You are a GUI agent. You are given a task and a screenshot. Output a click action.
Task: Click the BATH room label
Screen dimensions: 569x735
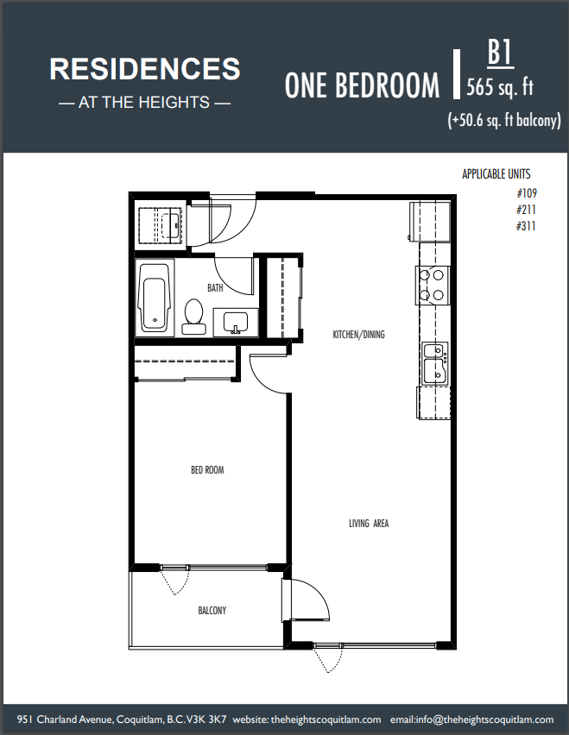tap(215, 287)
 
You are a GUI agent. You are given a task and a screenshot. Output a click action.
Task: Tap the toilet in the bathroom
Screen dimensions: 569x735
tap(193, 317)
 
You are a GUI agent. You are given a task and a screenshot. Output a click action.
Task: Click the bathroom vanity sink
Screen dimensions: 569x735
tap(236, 323)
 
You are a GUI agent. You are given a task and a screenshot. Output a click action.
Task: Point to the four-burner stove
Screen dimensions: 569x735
tap(433, 285)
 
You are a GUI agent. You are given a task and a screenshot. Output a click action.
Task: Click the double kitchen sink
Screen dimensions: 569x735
tap(435, 363)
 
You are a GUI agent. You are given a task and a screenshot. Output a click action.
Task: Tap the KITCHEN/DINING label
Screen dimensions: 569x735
tap(359, 334)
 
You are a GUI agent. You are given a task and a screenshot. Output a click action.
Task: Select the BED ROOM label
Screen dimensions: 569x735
tap(207, 469)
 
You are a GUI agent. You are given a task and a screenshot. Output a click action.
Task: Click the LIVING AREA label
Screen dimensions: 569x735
tap(369, 523)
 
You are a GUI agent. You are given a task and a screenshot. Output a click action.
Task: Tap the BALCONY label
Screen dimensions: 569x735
tap(212, 610)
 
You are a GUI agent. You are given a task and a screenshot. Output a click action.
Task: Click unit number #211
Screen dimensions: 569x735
tap(526, 210)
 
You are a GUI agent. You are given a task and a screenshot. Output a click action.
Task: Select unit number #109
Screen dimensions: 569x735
tap(527, 193)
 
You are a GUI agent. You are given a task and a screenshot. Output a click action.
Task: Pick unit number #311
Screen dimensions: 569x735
tap(526, 226)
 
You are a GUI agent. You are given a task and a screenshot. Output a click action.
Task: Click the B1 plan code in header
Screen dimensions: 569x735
tap(500, 53)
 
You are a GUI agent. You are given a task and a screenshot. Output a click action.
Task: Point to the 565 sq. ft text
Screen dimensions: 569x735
tap(500, 87)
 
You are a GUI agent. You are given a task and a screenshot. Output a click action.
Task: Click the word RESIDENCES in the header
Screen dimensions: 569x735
tap(145, 69)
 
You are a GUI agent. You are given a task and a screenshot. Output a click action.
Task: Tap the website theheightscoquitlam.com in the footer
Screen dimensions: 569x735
tap(326, 719)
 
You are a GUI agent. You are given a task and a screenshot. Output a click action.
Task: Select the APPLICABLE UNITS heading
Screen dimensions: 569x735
tap(496, 174)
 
